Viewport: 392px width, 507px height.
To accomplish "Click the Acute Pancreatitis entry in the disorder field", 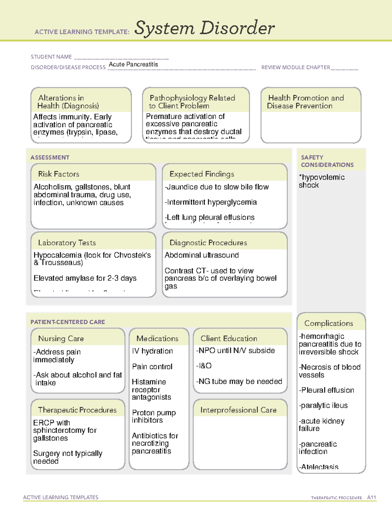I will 133,64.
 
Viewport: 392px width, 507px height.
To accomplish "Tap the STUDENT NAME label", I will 51,57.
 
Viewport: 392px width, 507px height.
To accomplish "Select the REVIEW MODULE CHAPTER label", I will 296,67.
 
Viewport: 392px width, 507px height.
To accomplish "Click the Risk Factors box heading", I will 58,174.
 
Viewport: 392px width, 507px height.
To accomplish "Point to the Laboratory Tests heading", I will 67,243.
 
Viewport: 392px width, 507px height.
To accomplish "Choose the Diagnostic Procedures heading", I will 208,243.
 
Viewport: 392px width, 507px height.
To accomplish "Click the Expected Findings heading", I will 202,174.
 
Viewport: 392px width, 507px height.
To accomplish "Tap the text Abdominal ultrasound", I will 202,255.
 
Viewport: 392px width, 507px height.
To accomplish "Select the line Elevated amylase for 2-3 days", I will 85,278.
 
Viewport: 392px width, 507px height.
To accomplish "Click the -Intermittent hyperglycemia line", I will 211,202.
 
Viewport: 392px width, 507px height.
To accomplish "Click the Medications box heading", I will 157,339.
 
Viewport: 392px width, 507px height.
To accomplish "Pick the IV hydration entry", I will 152,351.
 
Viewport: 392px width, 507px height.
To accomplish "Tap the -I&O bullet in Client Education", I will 204,366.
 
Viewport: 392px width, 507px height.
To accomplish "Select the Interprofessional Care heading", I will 238,410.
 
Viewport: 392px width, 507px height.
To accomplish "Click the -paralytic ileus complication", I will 323,405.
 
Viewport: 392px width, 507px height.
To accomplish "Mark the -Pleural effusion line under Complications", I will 326,390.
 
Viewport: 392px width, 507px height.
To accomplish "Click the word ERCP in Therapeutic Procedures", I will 44,423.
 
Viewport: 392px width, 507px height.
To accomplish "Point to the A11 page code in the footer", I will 371,497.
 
